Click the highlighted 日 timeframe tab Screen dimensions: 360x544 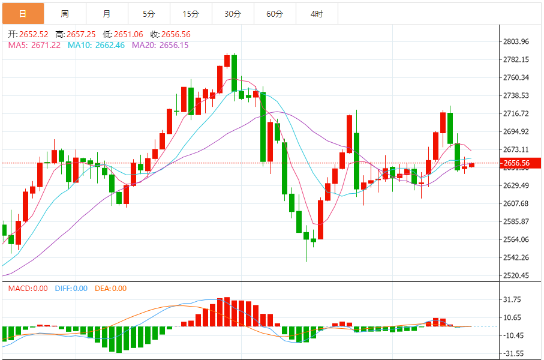[x=23, y=13]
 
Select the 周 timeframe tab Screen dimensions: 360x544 [x=65, y=13]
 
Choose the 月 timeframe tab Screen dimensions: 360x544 [x=107, y=13]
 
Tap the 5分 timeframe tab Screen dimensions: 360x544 [x=149, y=13]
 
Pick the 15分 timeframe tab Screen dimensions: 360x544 [x=191, y=13]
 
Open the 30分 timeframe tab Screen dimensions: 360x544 [x=233, y=13]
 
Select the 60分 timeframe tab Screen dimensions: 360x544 [x=275, y=13]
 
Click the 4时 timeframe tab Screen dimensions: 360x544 [x=317, y=13]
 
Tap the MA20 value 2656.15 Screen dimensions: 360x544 [x=174, y=45]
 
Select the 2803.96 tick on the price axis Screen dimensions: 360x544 [x=516, y=41]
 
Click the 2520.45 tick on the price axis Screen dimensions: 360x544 [x=516, y=276]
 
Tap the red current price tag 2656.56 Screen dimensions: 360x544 [x=516, y=163]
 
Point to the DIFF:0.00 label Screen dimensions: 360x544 [x=71, y=289]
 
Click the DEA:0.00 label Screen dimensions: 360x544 [x=110, y=289]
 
